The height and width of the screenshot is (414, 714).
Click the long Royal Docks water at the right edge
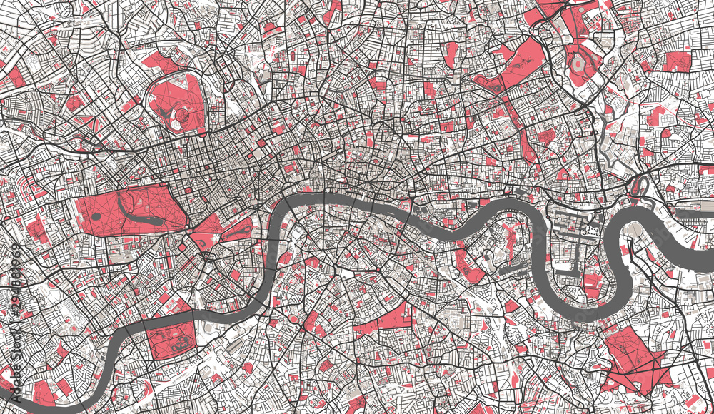(x=693, y=213)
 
